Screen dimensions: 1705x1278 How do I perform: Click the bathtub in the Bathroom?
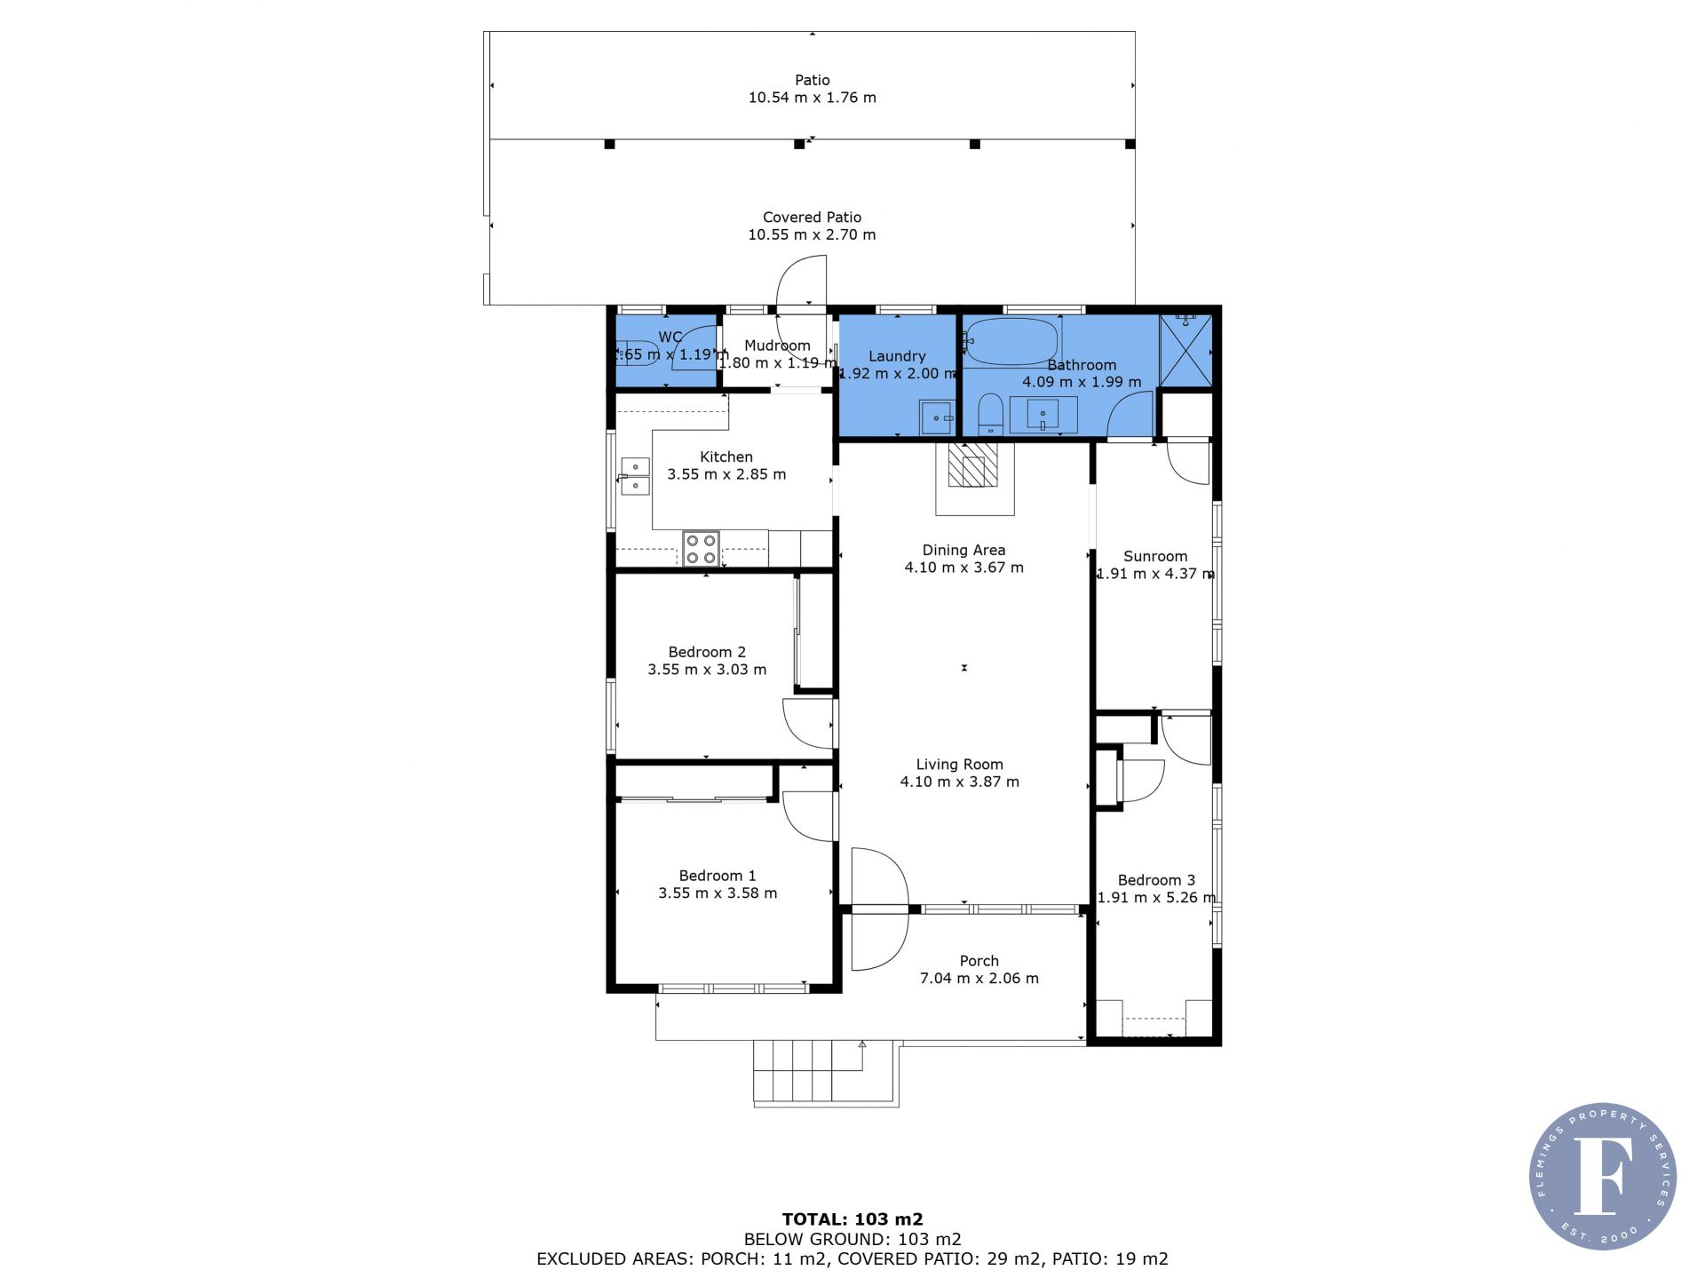[1011, 342]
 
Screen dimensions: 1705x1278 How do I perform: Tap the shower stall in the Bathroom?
[1186, 350]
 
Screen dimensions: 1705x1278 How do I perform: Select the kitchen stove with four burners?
[701, 548]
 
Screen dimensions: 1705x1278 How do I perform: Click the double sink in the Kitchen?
[634, 476]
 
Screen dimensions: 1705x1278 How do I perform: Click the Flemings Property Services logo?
[1603, 1177]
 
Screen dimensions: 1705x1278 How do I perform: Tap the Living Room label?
[960, 764]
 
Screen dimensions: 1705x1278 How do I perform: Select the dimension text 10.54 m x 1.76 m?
[812, 98]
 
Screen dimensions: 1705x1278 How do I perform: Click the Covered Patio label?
[812, 217]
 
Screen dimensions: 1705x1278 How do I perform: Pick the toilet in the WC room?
[637, 353]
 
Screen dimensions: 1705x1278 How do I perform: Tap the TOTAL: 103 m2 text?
[852, 1219]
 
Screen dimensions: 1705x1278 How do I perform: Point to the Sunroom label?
[1155, 556]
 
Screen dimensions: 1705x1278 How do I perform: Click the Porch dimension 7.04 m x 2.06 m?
[979, 978]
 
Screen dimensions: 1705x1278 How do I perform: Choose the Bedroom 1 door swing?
[809, 816]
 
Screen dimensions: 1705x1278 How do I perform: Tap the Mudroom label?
[777, 345]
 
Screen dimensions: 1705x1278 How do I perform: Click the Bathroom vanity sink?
[1043, 415]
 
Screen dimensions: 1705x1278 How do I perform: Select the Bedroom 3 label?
[1155, 880]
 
